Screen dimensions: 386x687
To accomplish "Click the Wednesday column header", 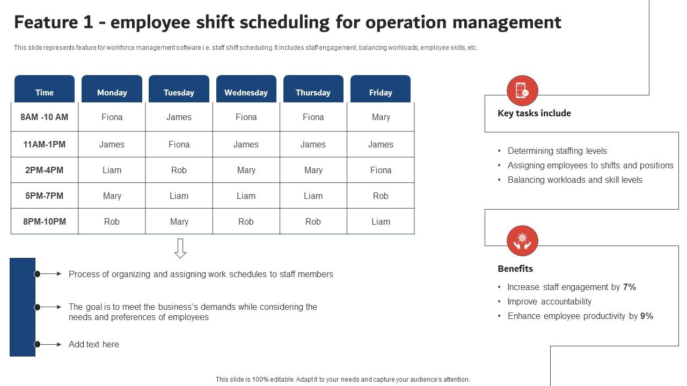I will (x=246, y=92).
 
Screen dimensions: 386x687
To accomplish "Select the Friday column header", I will (x=381, y=92).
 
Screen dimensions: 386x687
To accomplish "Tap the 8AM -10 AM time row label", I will (x=45, y=117).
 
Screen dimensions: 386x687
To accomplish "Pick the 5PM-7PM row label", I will (x=45, y=196).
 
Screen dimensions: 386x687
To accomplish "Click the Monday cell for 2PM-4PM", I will (x=112, y=170).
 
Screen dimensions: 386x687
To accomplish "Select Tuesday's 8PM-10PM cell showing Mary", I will (x=179, y=221).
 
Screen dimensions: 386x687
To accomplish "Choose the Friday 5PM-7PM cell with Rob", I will (x=381, y=196).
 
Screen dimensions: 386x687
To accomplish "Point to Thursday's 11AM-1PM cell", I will (x=313, y=144).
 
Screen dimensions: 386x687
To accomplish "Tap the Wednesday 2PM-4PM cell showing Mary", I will (x=246, y=170).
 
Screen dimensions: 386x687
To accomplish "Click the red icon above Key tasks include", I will (x=522, y=91).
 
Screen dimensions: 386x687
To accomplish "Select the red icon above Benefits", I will (x=522, y=241).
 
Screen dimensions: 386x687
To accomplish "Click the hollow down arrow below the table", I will (x=180, y=248).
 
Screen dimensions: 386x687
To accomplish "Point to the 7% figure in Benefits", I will (x=629, y=287).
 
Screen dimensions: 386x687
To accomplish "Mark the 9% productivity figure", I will (x=646, y=316).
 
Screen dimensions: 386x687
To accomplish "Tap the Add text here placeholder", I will (x=94, y=344).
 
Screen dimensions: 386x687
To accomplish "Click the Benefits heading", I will (x=515, y=269).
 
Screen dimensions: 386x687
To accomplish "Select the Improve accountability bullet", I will (x=549, y=301).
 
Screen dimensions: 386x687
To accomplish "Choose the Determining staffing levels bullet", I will (x=557, y=151).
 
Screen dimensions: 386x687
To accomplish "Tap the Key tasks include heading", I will (x=534, y=113).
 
